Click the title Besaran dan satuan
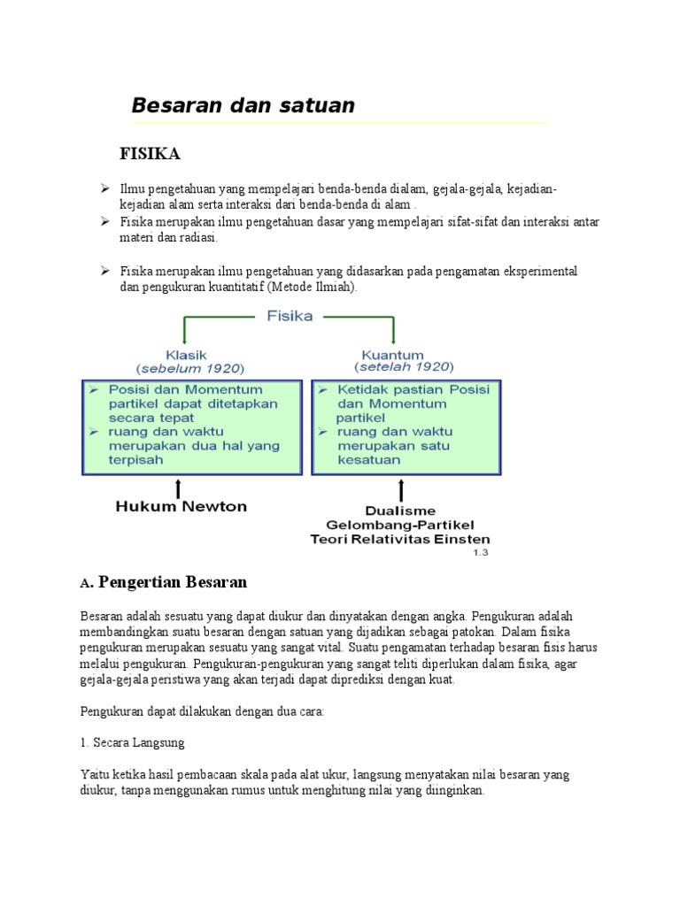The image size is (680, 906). click(243, 105)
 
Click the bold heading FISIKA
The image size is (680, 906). click(150, 154)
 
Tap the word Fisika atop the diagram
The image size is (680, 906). click(290, 317)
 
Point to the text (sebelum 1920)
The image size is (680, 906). click(189, 366)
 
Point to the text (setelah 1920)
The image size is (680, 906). click(404, 366)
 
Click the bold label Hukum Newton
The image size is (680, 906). click(182, 507)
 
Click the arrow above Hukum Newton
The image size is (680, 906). click(179, 488)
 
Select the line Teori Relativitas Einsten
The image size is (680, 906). click(400, 539)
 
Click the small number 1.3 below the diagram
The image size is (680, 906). click(479, 552)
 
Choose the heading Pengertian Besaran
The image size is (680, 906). click(173, 582)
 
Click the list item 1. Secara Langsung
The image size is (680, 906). click(132, 742)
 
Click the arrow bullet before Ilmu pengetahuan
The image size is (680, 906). click(104, 188)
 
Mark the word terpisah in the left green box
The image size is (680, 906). click(135, 460)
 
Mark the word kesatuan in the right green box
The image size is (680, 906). click(368, 460)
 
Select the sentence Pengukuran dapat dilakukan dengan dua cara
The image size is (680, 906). click(203, 711)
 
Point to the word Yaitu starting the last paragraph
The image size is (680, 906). click(93, 774)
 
